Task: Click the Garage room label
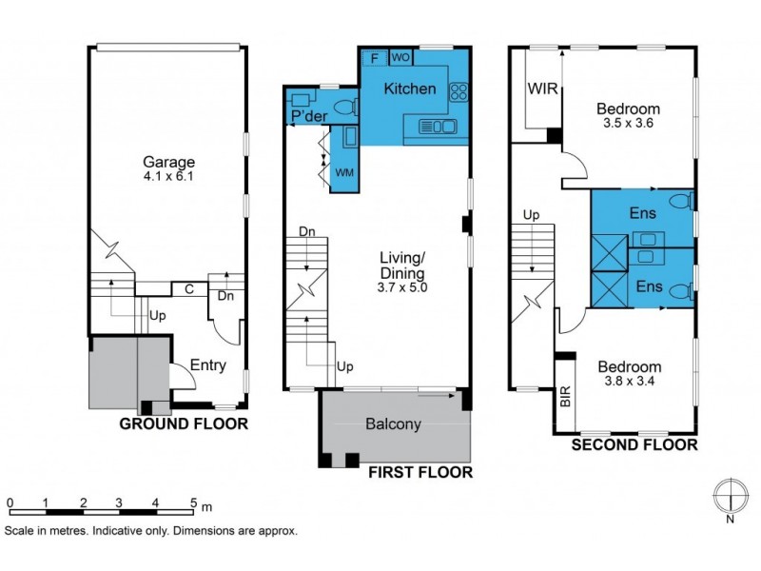169,162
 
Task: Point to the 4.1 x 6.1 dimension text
169,176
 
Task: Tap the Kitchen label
410,89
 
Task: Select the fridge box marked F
374,57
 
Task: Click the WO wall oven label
400,57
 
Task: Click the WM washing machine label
343,172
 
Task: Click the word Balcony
394,424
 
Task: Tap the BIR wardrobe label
564,397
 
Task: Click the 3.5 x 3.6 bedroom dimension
629,123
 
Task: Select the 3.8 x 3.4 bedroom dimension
629,382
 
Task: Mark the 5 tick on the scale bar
193,502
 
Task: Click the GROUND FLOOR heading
183,424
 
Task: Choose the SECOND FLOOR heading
634,444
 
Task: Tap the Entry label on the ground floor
208,364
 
